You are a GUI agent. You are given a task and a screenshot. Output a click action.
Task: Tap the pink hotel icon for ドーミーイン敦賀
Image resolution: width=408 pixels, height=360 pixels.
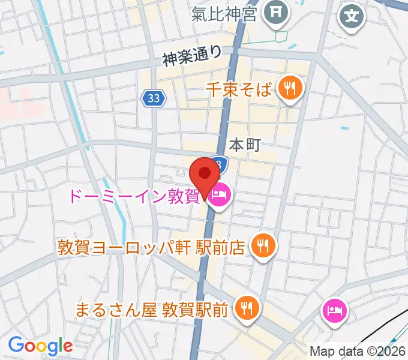[219, 195]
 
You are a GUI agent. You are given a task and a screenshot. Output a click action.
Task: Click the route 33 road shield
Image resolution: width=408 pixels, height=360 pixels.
[154, 99]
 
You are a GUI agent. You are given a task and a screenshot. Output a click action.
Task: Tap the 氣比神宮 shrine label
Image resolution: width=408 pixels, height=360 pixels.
[224, 13]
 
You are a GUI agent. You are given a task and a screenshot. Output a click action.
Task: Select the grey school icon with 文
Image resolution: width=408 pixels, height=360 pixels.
[353, 16]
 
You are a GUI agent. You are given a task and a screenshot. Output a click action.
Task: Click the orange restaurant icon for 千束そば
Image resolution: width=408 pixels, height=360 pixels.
[291, 89]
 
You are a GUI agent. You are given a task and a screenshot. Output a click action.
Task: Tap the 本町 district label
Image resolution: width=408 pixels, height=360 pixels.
[245, 145]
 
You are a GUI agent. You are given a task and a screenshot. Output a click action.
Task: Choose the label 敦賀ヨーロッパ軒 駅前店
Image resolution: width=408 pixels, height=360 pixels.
[151, 247]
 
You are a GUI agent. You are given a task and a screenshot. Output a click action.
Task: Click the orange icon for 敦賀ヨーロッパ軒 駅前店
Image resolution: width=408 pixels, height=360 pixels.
[263, 245]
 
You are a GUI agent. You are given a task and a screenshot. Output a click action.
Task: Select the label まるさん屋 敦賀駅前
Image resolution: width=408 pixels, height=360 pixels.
[151, 310]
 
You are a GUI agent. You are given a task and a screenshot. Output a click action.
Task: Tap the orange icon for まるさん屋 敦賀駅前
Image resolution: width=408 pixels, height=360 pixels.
[247, 308]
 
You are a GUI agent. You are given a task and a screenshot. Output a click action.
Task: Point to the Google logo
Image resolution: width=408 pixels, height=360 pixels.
[40, 346]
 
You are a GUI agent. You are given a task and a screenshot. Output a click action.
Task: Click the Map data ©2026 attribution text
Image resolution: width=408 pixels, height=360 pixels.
[358, 352]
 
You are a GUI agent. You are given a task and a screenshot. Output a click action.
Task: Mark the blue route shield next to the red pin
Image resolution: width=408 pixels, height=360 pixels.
[220, 164]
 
